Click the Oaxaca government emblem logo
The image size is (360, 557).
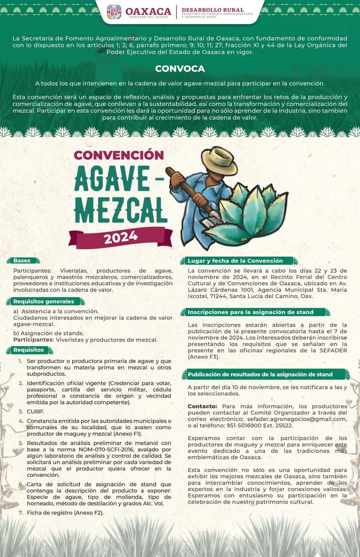(114, 12)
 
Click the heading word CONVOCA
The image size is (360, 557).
(180, 69)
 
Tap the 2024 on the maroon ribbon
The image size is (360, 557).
(121, 237)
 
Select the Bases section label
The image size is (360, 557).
(22, 261)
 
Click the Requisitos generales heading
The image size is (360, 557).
(43, 301)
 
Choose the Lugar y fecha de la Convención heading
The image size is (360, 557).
(235, 261)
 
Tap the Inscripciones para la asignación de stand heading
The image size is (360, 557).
(250, 312)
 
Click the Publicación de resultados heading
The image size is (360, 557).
(260, 375)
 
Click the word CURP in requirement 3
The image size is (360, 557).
(35, 411)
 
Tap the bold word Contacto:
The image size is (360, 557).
(202, 406)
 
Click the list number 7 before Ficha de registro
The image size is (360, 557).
(21, 512)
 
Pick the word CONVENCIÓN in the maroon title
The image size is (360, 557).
(119, 155)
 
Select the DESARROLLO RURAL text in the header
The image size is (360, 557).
(213, 10)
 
